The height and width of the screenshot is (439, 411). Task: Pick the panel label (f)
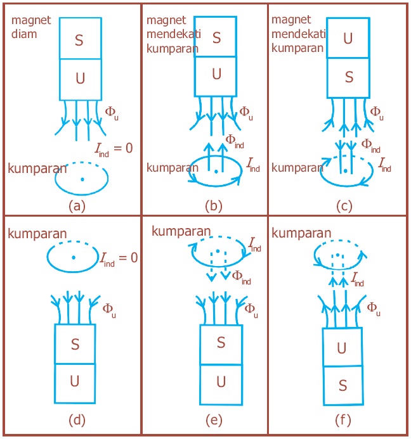342,419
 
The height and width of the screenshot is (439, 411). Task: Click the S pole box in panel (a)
80,39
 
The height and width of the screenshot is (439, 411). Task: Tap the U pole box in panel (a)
80,79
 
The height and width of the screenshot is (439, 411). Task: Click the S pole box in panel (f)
342,385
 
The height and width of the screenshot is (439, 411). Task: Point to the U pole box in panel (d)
75,384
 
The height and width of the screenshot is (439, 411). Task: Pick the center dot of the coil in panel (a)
82,179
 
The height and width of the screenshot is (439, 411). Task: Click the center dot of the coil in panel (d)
74,257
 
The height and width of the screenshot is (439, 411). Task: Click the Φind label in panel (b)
234,141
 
